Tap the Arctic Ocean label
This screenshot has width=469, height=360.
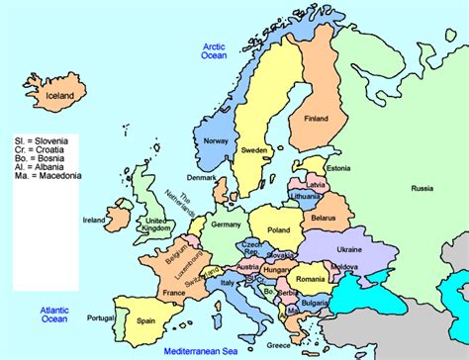[x=215, y=51]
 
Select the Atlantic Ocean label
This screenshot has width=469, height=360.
[x=54, y=315]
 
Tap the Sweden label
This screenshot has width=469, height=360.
[x=255, y=150]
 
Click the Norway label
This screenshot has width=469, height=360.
[x=217, y=140]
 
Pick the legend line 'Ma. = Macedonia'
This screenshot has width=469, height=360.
[x=52, y=177]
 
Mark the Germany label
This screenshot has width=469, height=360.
[x=228, y=225]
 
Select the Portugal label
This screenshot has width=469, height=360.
[x=100, y=317]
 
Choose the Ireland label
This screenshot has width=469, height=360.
[x=95, y=220]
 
